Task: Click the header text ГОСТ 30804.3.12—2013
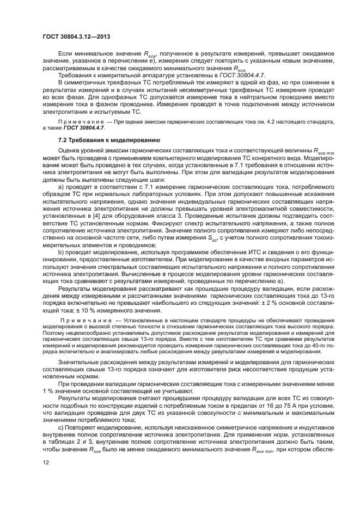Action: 75,36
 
